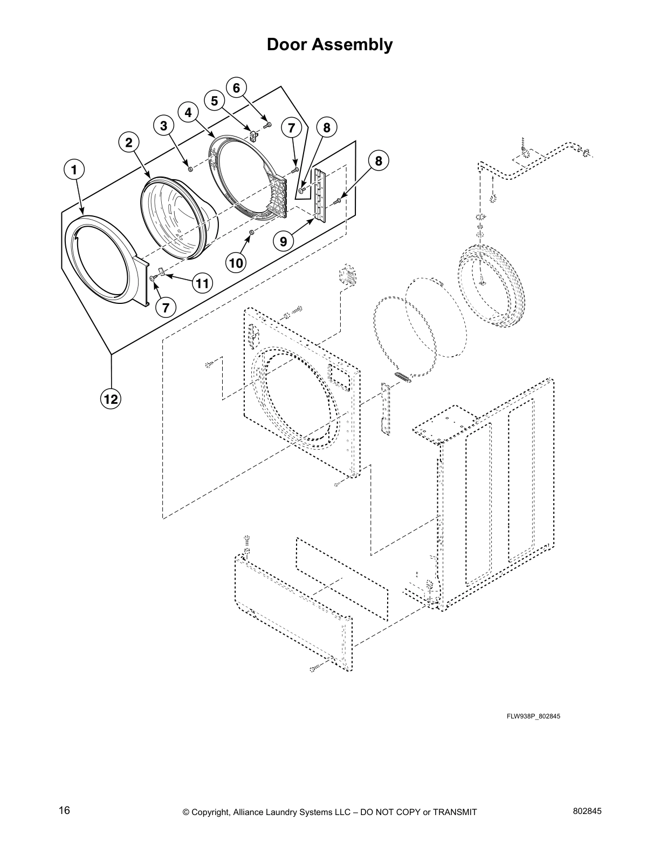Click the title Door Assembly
pyautogui.click(x=329, y=45)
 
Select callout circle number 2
pyautogui.click(x=128, y=142)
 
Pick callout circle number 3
pyautogui.click(x=163, y=126)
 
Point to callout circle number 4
pyautogui.click(x=188, y=112)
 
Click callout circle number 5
pyautogui.click(x=214, y=100)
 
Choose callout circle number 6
pyautogui.click(x=236, y=87)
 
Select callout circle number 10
pyautogui.click(x=236, y=263)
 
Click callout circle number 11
pyautogui.click(x=202, y=283)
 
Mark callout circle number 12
pyautogui.click(x=111, y=399)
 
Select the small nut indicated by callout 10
pyautogui.click(x=251, y=232)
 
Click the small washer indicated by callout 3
pyautogui.click(x=190, y=169)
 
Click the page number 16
pyautogui.click(x=64, y=811)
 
